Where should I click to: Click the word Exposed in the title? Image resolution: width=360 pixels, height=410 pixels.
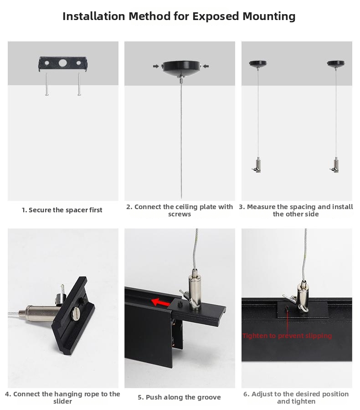point(216,16)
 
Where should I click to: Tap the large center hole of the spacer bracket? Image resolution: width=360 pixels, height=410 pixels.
point(63,63)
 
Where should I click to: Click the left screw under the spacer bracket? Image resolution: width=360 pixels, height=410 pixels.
point(47,84)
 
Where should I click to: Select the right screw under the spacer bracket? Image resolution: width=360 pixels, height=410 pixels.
point(79,84)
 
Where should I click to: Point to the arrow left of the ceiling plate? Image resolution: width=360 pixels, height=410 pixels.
point(156,66)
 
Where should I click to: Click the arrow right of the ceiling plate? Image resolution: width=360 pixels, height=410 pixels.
point(206,66)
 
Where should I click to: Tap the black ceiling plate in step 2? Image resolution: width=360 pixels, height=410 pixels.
point(181,68)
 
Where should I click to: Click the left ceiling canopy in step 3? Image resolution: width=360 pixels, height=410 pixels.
point(258,64)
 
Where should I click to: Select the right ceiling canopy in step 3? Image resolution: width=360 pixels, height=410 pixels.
point(336,64)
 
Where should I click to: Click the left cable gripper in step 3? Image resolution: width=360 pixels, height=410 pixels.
point(257,165)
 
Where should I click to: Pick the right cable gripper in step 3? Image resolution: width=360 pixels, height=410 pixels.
point(335,165)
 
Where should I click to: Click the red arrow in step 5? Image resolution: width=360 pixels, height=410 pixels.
point(161,302)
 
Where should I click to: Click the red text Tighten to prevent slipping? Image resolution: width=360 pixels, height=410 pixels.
point(287,336)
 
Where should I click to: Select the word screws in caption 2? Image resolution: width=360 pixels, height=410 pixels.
point(180,214)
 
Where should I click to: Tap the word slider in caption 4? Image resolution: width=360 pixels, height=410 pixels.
point(62,401)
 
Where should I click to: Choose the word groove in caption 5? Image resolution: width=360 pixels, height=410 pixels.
point(209,397)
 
